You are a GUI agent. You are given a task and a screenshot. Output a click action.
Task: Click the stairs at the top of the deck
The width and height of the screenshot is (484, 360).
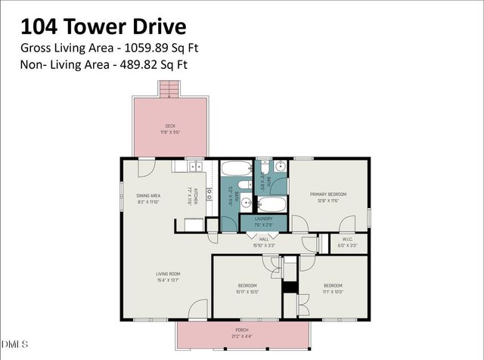pyautogui.click(x=171, y=89)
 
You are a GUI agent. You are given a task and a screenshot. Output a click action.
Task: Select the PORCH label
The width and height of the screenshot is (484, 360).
pyautogui.click(x=241, y=330)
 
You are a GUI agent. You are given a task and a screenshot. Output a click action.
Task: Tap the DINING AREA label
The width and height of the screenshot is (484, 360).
pyautogui.click(x=147, y=196)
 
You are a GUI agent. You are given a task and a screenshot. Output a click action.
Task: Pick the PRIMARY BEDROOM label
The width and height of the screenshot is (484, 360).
pyautogui.click(x=327, y=194)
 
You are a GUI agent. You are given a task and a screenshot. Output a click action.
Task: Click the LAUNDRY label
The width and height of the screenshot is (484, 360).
pyautogui.click(x=263, y=219)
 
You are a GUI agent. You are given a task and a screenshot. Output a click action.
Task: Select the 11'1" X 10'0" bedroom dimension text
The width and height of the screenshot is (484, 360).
pyautogui.click(x=334, y=291)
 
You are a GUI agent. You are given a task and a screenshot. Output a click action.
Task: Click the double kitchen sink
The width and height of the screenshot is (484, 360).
pyautogui.click(x=195, y=166)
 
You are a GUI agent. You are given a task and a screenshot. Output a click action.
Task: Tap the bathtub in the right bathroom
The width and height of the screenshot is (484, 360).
pyautogui.click(x=271, y=204)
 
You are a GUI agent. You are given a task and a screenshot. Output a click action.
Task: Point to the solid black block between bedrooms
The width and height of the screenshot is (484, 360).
pyautogui.click(x=288, y=287)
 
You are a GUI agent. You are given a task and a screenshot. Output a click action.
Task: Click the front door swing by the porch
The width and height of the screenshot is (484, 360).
pyautogui.click(x=197, y=309)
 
